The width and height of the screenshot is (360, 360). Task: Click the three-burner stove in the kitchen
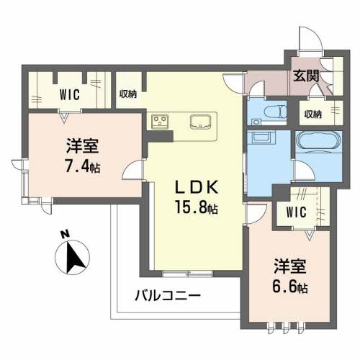coord(160,121)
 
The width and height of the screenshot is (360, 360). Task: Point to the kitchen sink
coord(199,121)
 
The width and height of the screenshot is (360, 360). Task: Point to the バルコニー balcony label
coord(167,295)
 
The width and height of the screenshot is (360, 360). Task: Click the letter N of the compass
coord(64,234)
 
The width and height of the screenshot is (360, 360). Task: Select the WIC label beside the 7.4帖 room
coord(70,94)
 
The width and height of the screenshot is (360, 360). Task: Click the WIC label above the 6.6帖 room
coord(296,212)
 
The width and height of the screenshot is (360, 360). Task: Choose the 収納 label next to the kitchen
coord(128,94)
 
